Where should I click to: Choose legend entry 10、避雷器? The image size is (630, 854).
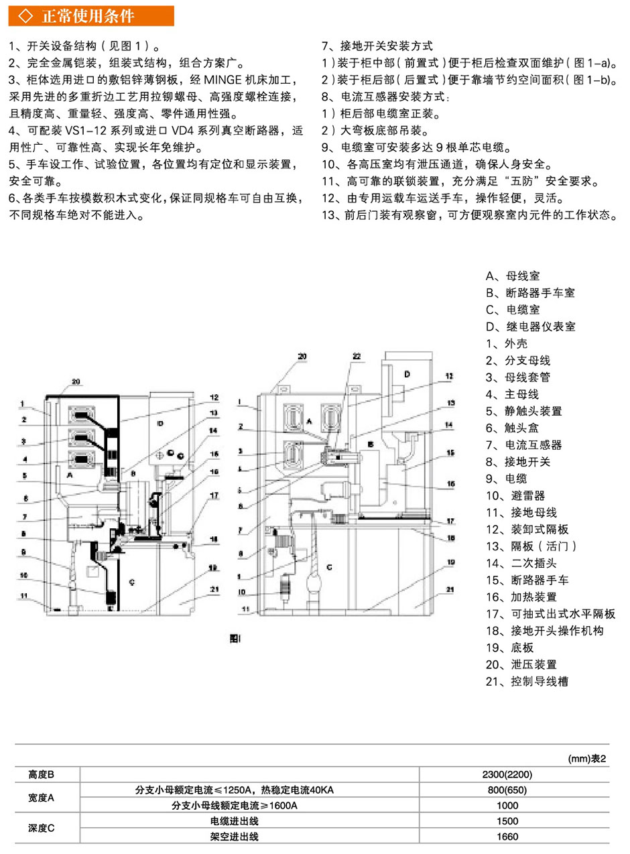(515, 496)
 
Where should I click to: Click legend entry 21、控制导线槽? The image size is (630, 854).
(529, 682)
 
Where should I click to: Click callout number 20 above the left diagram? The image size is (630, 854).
(75, 382)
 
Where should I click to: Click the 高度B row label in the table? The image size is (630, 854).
(42, 774)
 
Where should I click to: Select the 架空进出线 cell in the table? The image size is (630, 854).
(235, 837)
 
